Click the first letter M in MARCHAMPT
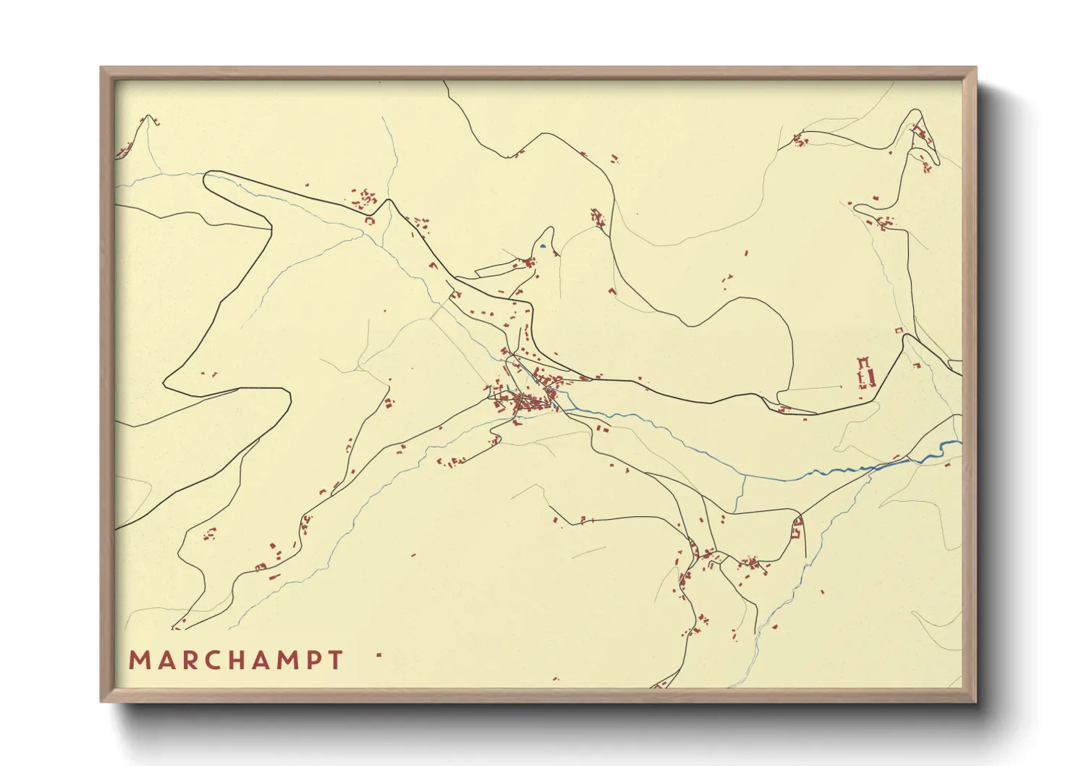click(x=138, y=660)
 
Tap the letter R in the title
click(x=187, y=660)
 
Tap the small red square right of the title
click(x=378, y=655)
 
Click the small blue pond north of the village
click(x=542, y=246)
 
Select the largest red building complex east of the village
click(x=866, y=374)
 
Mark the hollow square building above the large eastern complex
click(x=899, y=330)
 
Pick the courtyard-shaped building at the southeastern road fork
click(x=797, y=529)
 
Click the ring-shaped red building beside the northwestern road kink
click(x=370, y=220)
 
